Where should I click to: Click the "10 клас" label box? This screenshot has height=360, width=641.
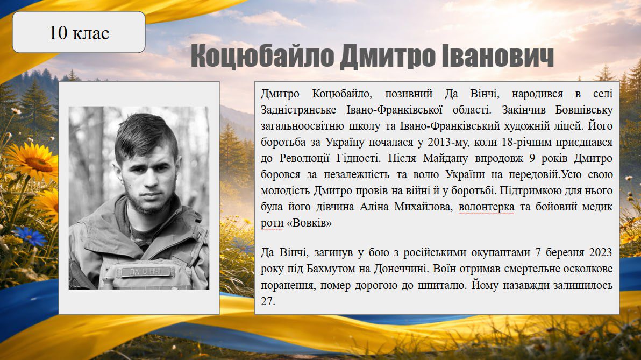(x=79, y=32)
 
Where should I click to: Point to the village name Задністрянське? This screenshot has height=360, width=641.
(x=298, y=110)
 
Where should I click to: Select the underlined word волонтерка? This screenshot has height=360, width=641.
(x=487, y=207)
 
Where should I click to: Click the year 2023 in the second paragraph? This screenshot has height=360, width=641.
(x=601, y=252)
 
